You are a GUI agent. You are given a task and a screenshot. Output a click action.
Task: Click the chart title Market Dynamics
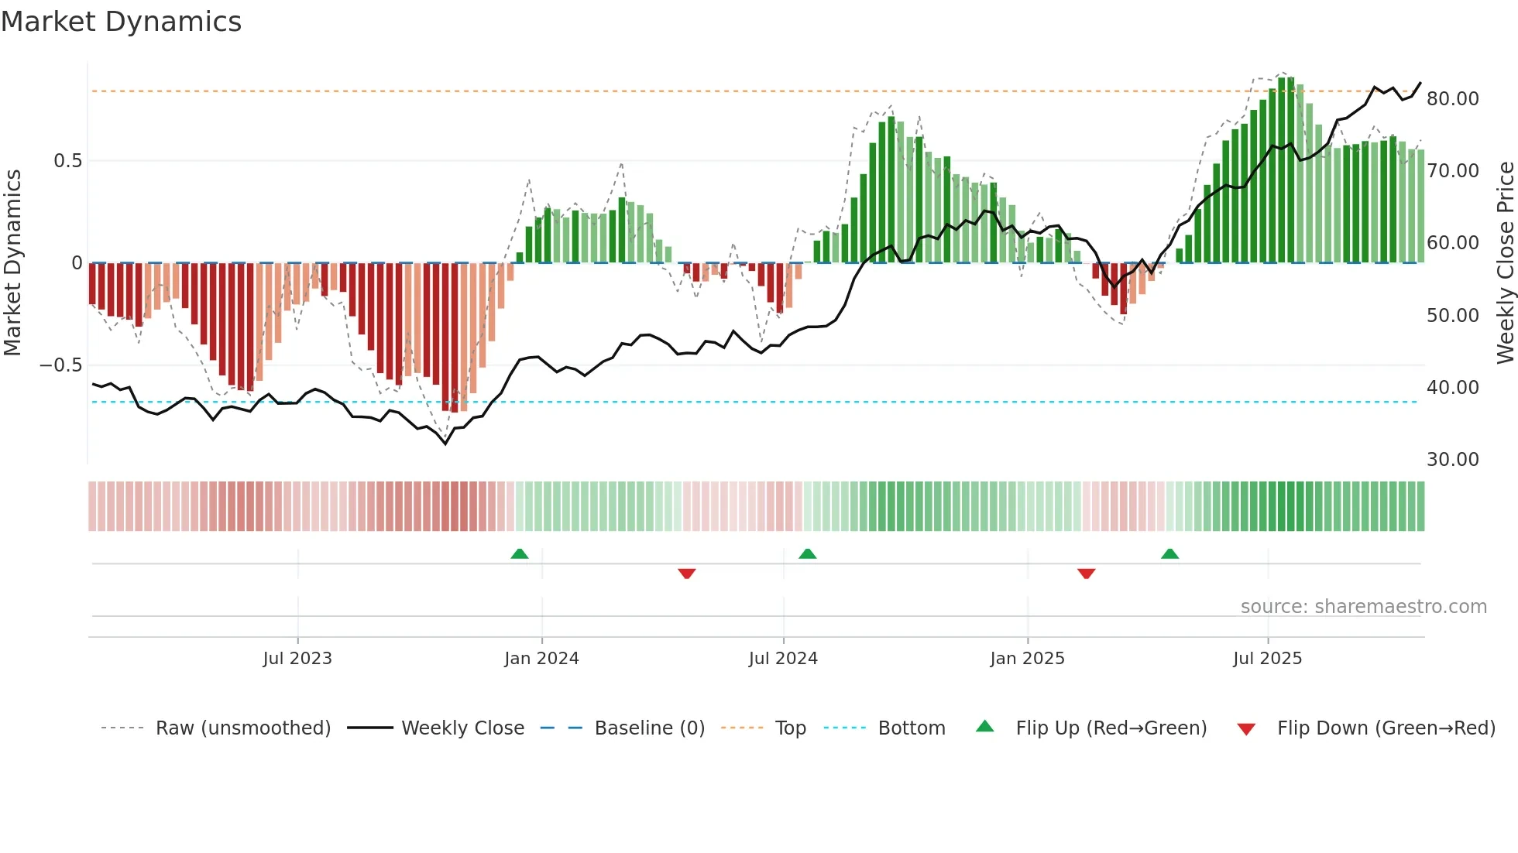[121, 22]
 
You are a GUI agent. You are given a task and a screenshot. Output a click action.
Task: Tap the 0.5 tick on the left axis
[67, 161]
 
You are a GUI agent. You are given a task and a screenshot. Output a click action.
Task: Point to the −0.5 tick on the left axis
[61, 365]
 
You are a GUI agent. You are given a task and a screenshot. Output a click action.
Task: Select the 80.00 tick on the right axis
[1452, 99]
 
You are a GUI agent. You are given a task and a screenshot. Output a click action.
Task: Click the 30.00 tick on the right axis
[1452, 460]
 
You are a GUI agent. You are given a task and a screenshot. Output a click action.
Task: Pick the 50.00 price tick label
[1452, 316]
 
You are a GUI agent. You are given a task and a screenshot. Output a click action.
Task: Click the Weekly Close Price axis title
[1505, 262]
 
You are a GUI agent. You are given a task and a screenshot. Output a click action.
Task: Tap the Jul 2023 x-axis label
[297, 659]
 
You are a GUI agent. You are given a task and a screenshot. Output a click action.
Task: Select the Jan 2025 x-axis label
[1027, 659]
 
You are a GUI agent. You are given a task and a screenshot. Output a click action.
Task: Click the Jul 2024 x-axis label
[783, 659]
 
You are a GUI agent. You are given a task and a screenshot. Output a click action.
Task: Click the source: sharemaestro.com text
[1363, 607]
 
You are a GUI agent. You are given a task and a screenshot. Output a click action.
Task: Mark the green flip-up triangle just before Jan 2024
[520, 554]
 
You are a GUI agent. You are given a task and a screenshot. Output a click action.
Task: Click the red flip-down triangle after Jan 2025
[1086, 574]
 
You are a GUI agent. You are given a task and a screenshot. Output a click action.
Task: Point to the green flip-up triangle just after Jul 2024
[807, 554]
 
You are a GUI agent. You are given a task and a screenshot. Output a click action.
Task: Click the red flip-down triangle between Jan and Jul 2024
[686, 574]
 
